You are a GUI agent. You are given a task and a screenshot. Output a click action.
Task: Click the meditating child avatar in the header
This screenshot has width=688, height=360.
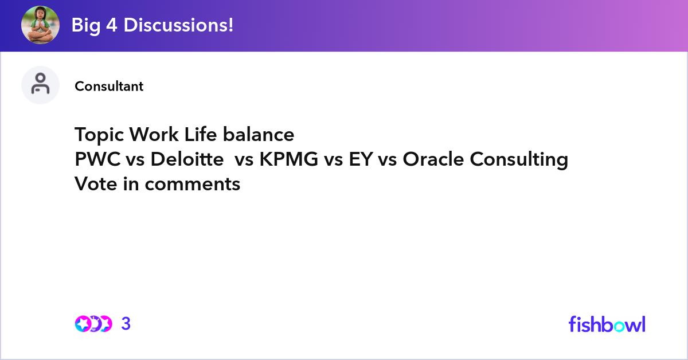(x=40, y=25)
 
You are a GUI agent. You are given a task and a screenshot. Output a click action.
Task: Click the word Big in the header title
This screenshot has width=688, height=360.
(x=86, y=25)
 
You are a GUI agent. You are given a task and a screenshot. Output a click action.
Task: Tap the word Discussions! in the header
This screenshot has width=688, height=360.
(x=178, y=25)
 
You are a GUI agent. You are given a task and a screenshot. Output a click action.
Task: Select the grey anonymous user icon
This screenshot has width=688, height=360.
(x=40, y=85)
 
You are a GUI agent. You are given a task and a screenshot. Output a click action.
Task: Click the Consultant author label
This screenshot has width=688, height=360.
(x=109, y=87)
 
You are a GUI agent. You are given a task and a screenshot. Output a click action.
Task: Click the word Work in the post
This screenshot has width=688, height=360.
(x=154, y=134)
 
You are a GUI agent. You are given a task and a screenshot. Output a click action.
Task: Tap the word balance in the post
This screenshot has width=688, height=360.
(x=259, y=134)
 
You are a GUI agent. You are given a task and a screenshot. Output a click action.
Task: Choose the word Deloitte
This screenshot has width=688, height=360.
(x=187, y=159)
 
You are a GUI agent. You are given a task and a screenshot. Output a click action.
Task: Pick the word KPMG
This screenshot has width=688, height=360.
(x=289, y=159)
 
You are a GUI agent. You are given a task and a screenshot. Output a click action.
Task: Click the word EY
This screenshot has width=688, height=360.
(x=361, y=159)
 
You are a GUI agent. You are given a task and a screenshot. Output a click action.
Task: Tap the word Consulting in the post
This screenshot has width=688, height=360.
(x=519, y=160)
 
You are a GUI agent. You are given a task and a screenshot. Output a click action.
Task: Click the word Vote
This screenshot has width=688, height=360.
(x=96, y=183)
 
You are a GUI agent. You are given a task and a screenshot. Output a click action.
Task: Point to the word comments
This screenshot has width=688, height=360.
(x=193, y=185)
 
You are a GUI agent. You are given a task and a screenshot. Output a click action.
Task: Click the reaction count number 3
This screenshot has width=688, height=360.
(x=126, y=323)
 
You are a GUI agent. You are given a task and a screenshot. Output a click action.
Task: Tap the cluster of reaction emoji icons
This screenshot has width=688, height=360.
(x=93, y=324)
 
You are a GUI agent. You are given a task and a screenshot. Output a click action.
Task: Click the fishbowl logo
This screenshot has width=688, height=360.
(x=607, y=324)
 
